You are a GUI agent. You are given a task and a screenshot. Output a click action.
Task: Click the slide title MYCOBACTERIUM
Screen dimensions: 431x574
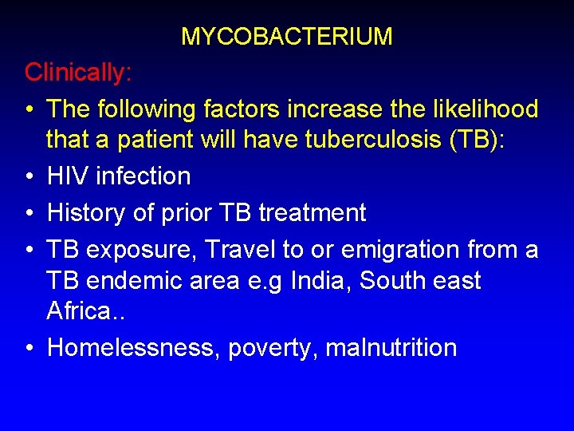click(x=286, y=37)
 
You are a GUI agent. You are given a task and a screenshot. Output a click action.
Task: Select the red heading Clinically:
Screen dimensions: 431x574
click(x=78, y=73)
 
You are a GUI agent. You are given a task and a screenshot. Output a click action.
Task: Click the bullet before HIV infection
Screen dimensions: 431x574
click(x=29, y=176)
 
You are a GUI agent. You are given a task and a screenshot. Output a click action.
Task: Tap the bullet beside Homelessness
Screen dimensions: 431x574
click(x=29, y=349)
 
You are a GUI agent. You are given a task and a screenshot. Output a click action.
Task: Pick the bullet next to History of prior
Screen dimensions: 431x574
click(x=29, y=214)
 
